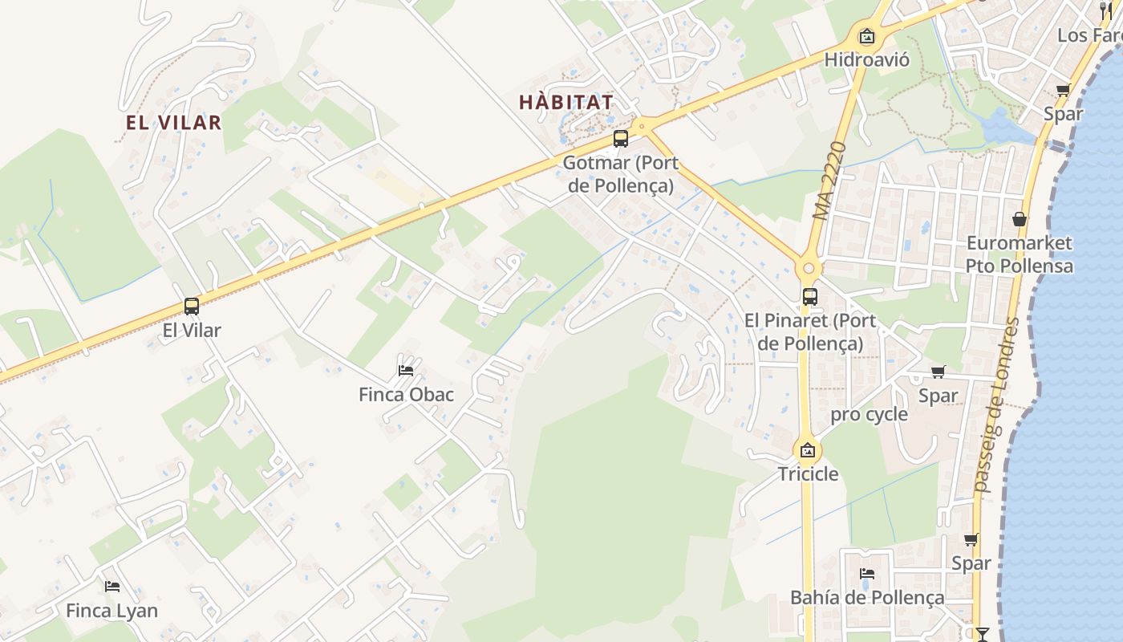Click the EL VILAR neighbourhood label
click(173, 123)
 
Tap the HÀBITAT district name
click(566, 103)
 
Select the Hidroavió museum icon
click(866, 36)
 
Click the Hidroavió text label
click(866, 59)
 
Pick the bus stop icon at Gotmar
click(620, 139)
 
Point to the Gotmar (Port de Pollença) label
click(620, 174)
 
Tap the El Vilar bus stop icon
click(191, 307)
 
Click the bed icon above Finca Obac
click(406, 370)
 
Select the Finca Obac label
click(406, 395)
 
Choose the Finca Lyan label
click(111, 611)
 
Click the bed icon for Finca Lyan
click(112, 587)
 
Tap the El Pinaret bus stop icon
click(809, 296)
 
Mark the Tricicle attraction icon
click(808, 450)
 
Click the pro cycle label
click(869, 415)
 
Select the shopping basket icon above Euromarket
click(1019, 218)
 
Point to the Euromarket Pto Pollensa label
click(1019, 254)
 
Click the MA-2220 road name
click(830, 182)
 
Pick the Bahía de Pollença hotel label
click(867, 598)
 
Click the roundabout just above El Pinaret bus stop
click(808, 269)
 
